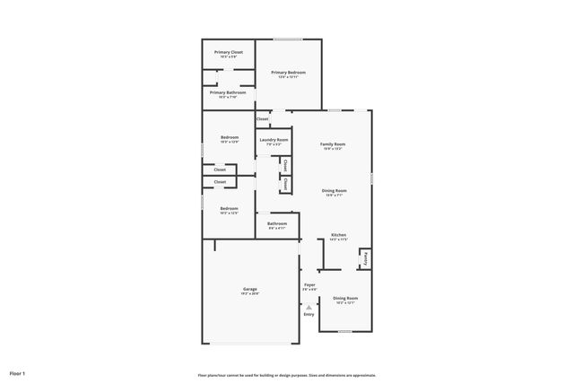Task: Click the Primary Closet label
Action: click(228, 52)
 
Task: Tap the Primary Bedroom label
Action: click(289, 73)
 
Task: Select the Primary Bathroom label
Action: click(228, 92)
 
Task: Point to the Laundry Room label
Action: click(274, 140)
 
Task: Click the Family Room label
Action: click(333, 144)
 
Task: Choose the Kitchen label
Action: click(338, 235)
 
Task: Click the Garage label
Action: click(250, 289)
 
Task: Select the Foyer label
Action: click(309, 285)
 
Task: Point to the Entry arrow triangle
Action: click(309, 307)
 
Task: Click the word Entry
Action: click(309, 315)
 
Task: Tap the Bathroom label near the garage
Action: click(277, 223)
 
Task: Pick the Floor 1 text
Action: click(17, 372)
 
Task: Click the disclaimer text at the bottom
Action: click(287, 375)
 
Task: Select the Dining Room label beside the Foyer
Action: click(345, 298)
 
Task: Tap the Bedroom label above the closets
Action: click(230, 137)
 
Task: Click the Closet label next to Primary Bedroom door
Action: click(263, 118)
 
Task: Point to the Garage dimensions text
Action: click(250, 294)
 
